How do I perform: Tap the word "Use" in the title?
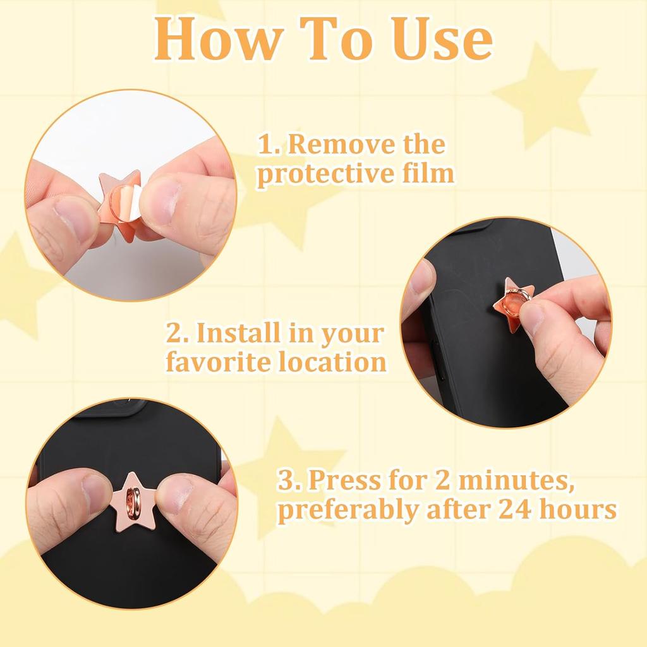[x=437, y=39]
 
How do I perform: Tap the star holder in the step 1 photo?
[x=120, y=205]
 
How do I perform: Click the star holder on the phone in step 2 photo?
[x=513, y=306]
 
